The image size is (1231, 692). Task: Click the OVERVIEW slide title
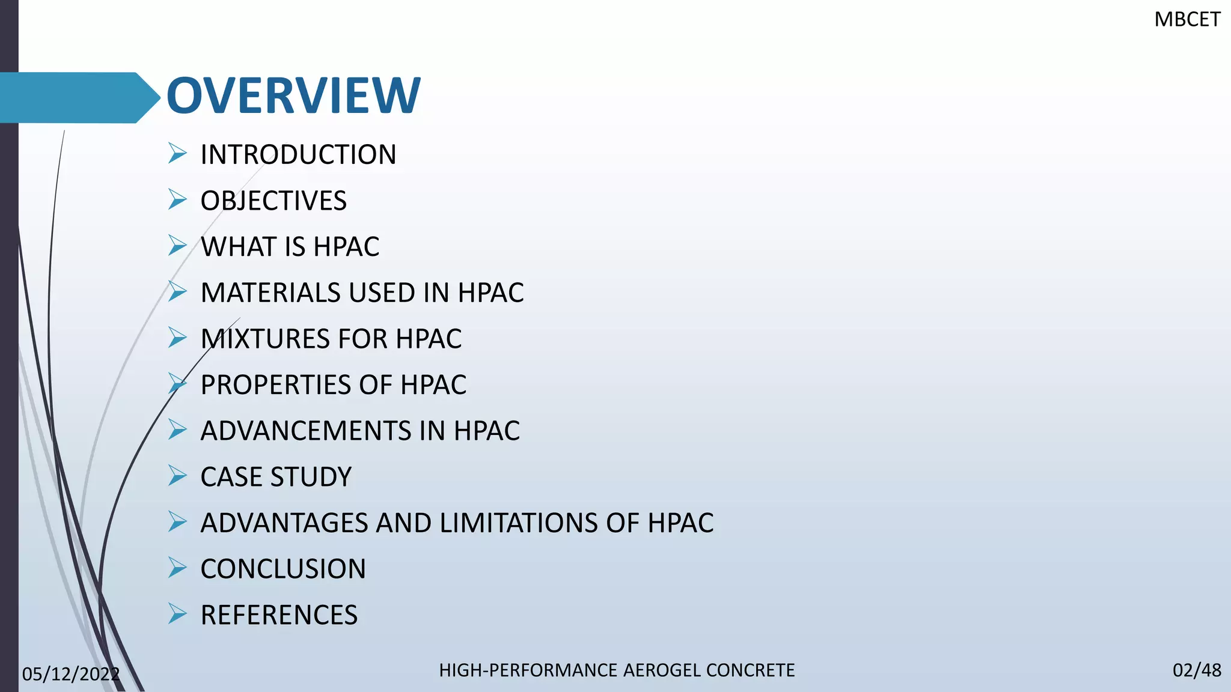pyautogui.click(x=293, y=96)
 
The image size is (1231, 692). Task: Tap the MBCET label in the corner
pyautogui.click(x=1187, y=20)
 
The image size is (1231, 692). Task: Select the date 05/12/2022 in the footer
pyautogui.click(x=70, y=674)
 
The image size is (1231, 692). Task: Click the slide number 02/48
pyautogui.click(x=1196, y=670)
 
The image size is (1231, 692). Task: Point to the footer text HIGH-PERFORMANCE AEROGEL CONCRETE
pyautogui.click(x=617, y=670)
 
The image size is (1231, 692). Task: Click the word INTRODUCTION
pyautogui.click(x=298, y=155)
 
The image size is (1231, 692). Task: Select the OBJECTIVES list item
pyautogui.click(x=273, y=201)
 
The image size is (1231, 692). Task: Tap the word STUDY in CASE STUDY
pyautogui.click(x=311, y=477)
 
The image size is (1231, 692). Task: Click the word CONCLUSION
pyautogui.click(x=283, y=569)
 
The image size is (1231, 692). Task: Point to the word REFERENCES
pyautogui.click(x=279, y=615)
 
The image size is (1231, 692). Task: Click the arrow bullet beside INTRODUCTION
pyautogui.click(x=177, y=153)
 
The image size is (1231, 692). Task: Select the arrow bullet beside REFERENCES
pyautogui.click(x=177, y=613)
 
